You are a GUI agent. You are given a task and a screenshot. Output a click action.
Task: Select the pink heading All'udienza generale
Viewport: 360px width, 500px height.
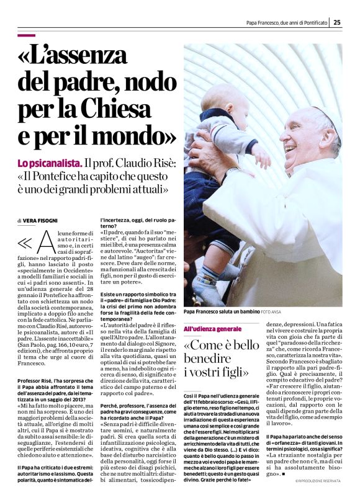click(212, 328)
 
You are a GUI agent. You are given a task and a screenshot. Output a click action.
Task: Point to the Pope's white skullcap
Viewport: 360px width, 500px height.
click(323, 115)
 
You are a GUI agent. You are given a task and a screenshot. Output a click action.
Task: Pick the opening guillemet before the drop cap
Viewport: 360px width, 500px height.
click(26, 242)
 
